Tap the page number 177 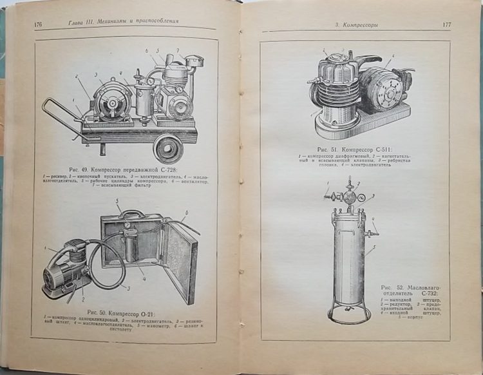point(446,24)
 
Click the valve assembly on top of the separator point(348,197)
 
